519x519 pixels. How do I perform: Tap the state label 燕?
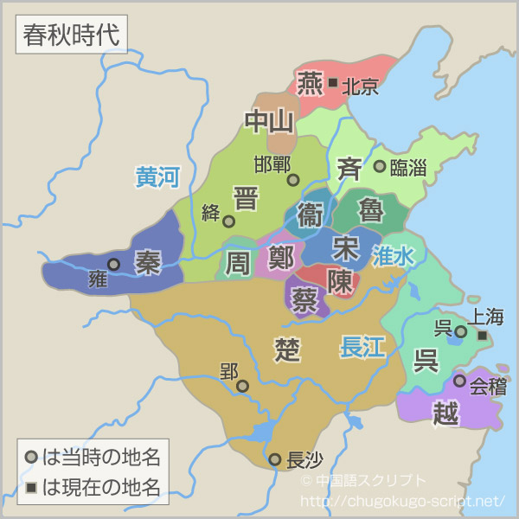pos(309,84)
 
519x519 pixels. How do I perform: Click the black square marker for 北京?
pos(333,83)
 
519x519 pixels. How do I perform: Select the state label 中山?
pos(269,122)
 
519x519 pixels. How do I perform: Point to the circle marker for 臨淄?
pos(379,166)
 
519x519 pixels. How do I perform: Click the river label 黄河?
pos(157,177)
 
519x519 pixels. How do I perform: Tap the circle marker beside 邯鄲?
pos(293,180)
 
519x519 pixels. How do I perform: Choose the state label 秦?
pos(148,262)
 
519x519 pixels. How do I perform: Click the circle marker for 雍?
pos(113,265)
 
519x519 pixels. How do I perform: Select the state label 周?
pos(237,263)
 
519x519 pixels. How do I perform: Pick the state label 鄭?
pos(280,258)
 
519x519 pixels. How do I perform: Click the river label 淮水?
pos(394,255)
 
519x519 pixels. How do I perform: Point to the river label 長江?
pos(362,347)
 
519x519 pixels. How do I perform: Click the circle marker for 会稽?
pos(459,381)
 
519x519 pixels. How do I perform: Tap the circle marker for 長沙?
pos(274,459)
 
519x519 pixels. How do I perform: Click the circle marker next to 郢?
pos(243,386)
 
